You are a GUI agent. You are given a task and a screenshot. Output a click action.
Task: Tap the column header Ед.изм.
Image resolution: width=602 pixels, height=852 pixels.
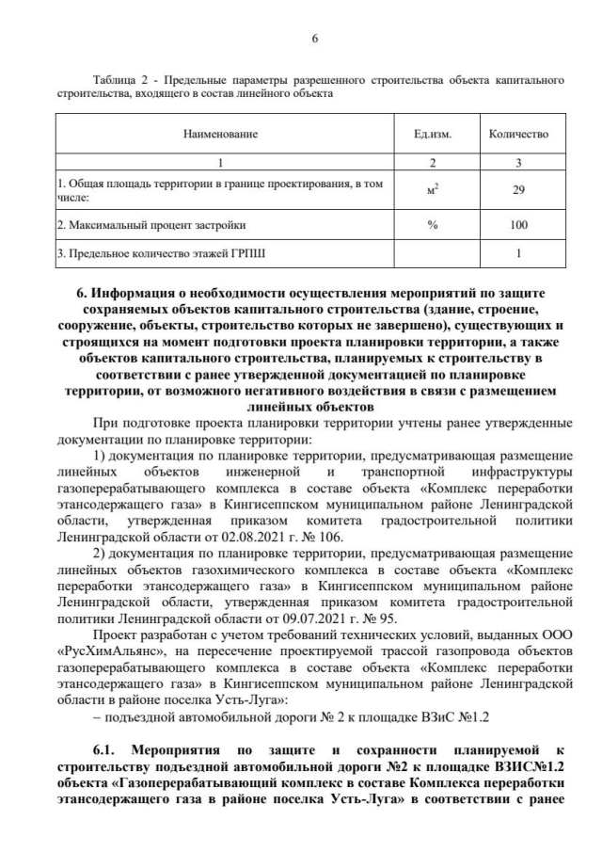tap(433, 134)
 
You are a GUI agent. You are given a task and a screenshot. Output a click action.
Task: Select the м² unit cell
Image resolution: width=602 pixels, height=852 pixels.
tap(433, 191)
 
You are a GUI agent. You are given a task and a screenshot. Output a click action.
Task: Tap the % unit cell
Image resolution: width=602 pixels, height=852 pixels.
tap(433, 225)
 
